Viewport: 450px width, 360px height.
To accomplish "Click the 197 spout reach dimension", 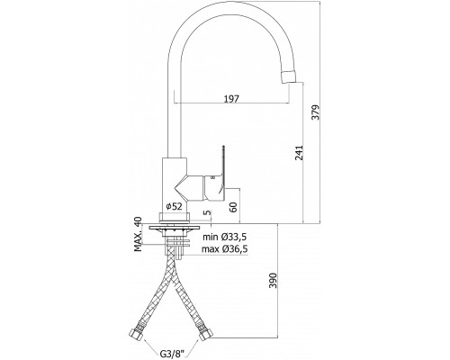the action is coord(231,98).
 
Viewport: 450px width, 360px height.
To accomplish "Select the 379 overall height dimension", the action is coord(315,112).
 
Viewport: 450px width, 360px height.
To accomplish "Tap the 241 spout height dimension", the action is coord(299,153).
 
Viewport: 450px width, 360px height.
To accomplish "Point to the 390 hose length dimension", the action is coord(273,281).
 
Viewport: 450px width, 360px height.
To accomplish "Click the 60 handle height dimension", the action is coord(233,207).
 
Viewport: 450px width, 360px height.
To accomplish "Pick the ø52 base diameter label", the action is coord(174,206).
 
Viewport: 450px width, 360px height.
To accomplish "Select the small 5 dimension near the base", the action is coord(207,212).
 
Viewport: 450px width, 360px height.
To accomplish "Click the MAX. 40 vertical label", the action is coord(138,234).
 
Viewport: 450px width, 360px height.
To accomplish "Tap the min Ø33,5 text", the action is coord(225,237).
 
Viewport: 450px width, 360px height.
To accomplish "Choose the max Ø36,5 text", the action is coord(225,249).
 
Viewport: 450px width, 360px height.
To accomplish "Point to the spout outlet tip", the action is coord(291,76).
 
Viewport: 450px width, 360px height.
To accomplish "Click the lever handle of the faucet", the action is coord(222,171).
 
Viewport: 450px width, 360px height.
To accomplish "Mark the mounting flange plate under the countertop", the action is coord(174,228).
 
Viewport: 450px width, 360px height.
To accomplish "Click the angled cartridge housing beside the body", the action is coord(189,188).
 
